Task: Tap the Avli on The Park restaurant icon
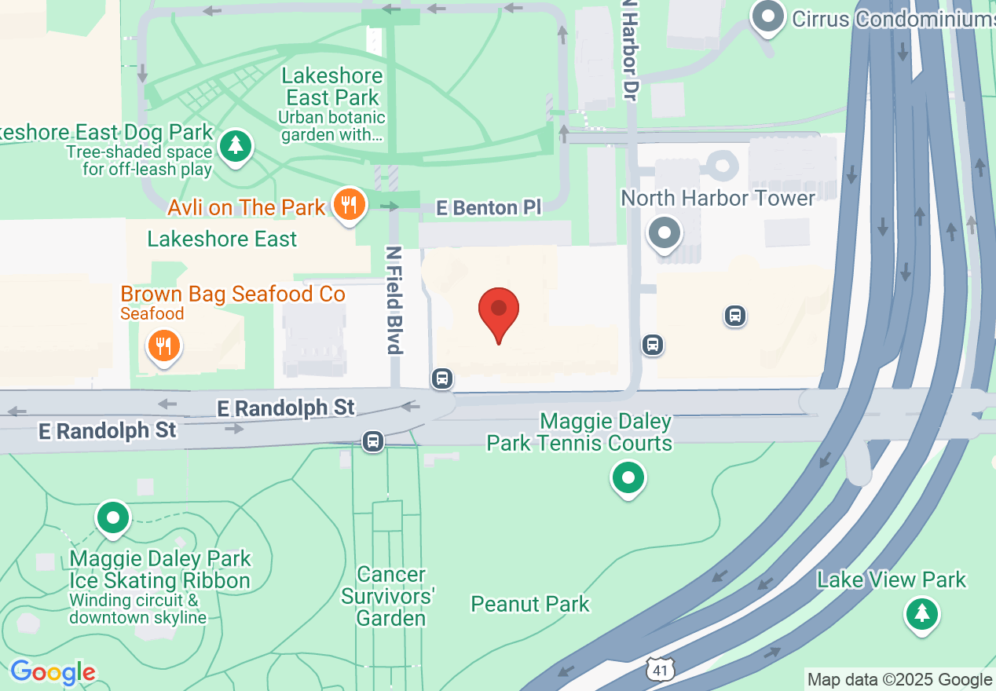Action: (x=349, y=205)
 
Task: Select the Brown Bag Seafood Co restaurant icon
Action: (x=163, y=345)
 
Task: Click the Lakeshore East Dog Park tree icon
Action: (x=235, y=146)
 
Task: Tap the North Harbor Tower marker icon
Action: (x=665, y=232)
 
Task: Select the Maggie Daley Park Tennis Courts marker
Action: (x=628, y=477)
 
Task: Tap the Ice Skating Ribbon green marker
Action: (x=114, y=518)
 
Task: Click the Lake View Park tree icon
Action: (x=922, y=612)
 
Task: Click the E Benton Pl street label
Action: (x=489, y=208)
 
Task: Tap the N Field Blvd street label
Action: (x=394, y=300)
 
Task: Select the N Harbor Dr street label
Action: (x=629, y=49)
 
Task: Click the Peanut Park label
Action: (x=530, y=604)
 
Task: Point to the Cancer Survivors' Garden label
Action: (x=390, y=597)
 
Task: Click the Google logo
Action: (x=53, y=673)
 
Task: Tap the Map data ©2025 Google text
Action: (x=900, y=679)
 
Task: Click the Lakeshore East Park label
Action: (x=332, y=86)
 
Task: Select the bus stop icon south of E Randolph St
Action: (x=373, y=441)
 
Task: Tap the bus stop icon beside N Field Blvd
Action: (x=442, y=378)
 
